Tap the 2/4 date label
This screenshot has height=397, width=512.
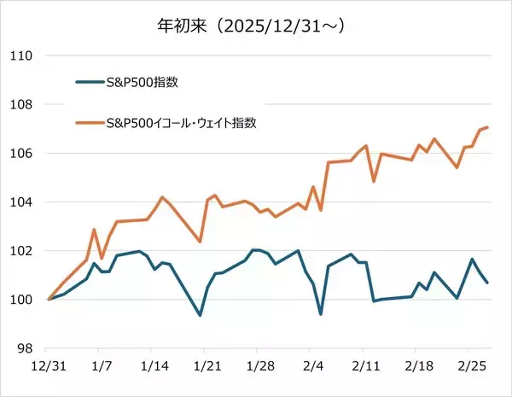click(312, 365)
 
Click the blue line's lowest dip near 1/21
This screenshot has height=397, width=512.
click(200, 315)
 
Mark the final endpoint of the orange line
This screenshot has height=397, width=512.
click(487, 127)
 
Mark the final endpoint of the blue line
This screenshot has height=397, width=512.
click(487, 283)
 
